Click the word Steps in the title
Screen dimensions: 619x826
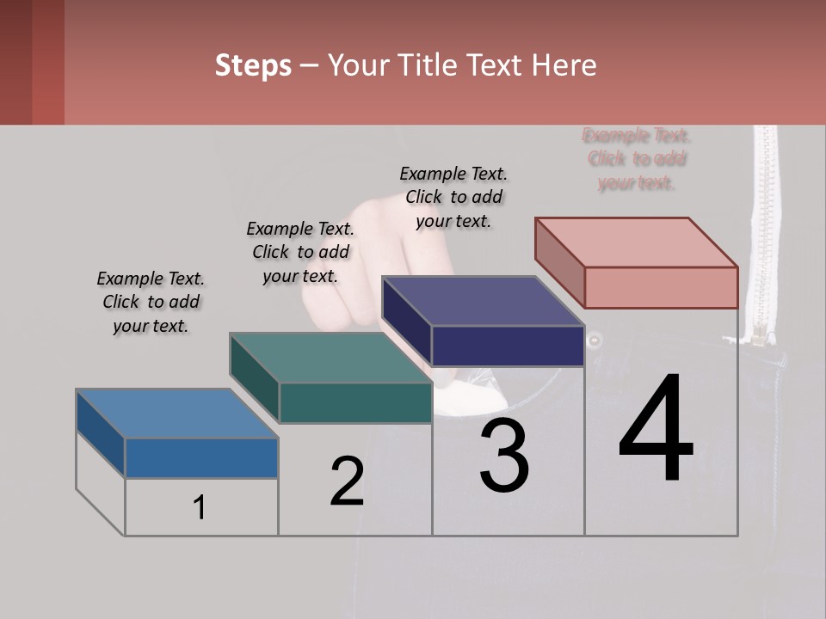tap(252, 65)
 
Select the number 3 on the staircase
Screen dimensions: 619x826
tap(504, 456)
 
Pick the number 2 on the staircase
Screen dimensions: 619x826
tap(347, 481)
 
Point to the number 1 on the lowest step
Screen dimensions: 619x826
tap(200, 507)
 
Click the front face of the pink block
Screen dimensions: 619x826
tap(661, 287)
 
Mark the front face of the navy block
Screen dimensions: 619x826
tap(508, 346)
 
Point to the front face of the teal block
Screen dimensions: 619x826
tap(355, 402)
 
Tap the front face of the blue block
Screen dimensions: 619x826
tap(201, 457)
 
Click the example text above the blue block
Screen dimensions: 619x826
tap(151, 302)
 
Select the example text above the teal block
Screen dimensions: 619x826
tap(300, 252)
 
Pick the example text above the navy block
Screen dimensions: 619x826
tap(453, 197)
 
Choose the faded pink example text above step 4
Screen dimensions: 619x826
tap(637, 159)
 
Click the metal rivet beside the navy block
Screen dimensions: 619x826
tap(594, 340)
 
